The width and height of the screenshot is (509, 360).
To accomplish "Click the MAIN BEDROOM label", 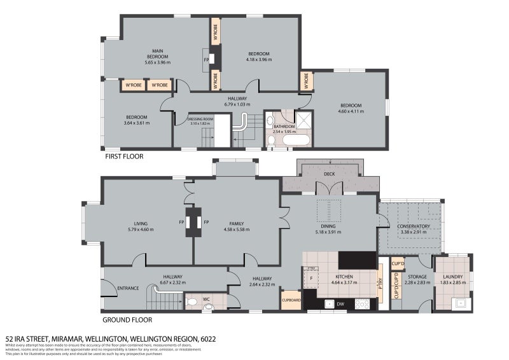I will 154,53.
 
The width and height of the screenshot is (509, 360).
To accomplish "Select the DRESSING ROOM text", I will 200,119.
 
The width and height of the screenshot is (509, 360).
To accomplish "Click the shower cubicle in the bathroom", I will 303,120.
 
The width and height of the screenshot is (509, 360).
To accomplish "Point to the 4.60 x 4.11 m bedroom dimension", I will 350,112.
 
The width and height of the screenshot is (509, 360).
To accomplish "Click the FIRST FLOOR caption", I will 124,156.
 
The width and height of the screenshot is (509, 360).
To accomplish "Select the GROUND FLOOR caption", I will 127,320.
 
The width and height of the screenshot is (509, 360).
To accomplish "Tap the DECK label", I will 329,174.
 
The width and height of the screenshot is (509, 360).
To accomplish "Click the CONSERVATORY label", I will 414,226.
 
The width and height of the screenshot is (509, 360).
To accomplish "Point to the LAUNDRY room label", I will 452,277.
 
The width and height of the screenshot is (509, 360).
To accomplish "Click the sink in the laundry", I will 459,302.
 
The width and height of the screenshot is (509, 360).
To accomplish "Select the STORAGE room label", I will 417,277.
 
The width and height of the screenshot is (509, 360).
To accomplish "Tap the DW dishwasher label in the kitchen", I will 341,304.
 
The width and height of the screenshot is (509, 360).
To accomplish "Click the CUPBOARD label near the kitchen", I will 291,300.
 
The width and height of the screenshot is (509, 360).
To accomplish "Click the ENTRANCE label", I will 128,288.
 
